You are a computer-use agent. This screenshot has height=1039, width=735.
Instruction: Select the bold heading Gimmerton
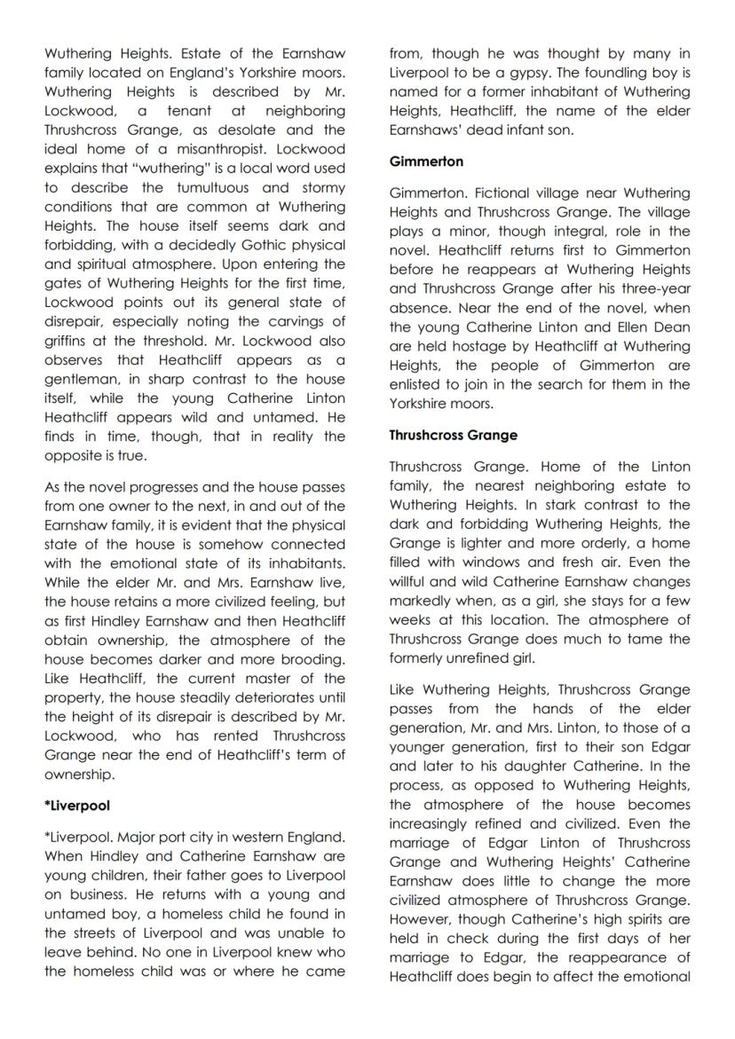click(425, 161)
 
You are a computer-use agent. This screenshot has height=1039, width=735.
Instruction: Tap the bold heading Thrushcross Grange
click(453, 436)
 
